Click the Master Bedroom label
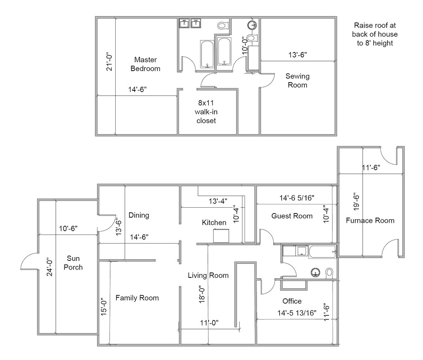click(145, 64)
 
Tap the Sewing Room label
click(297, 81)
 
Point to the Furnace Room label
click(370, 220)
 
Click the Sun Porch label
click(74, 263)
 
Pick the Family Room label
click(137, 298)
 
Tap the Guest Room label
click(292, 216)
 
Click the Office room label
click(292, 301)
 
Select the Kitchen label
click(214, 223)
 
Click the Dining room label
click(139, 215)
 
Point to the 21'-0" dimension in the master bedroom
click(110, 61)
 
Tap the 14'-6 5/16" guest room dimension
click(297, 198)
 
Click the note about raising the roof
click(375, 33)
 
